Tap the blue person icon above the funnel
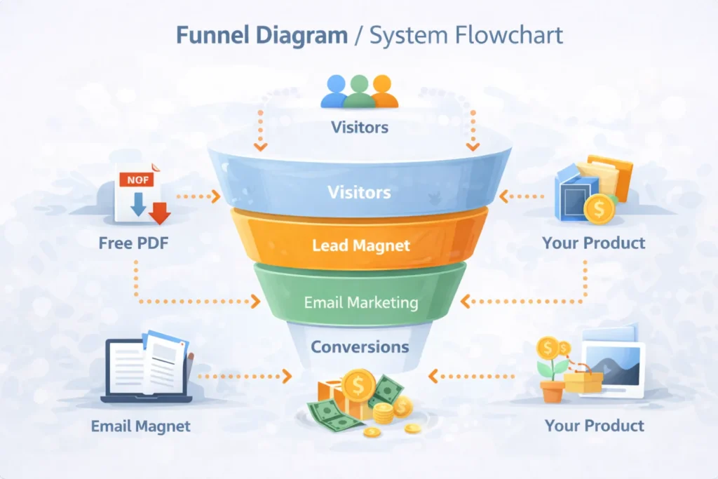point(336,91)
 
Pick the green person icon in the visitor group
point(359,90)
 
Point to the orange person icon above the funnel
point(383,91)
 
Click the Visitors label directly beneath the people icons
point(359,128)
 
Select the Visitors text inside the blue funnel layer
point(359,191)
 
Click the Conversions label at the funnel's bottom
point(360,346)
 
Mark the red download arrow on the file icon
point(161,212)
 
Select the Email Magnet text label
point(140,426)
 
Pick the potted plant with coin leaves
point(551,370)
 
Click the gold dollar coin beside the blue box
point(598,208)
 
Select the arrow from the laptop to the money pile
point(245,377)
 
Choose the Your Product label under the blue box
point(593,243)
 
